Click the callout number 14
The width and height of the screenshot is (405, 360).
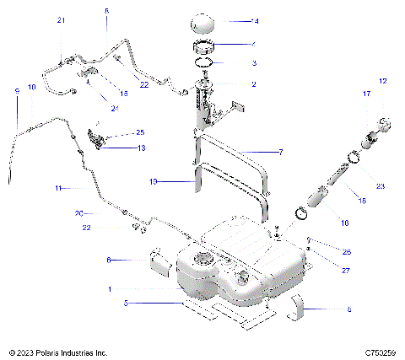pyautogui.click(x=256, y=20)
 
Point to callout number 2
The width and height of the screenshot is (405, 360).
pyautogui.click(x=254, y=83)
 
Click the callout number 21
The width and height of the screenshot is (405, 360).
pyautogui.click(x=60, y=19)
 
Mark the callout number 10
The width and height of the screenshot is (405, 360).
pyautogui.click(x=32, y=87)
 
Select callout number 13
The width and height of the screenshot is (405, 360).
pyautogui.click(x=141, y=148)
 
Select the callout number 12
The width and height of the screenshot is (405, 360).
pyautogui.click(x=382, y=81)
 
